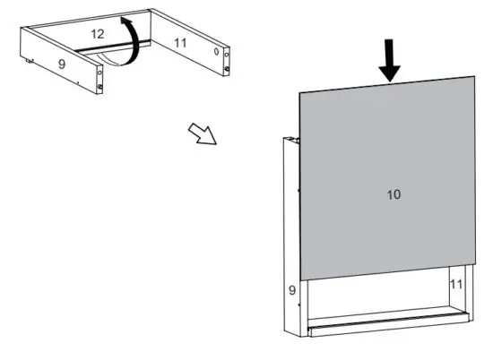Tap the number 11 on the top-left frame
[x=180, y=42]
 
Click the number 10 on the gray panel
[x=394, y=194]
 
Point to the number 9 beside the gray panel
[x=291, y=290]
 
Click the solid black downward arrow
[x=389, y=61]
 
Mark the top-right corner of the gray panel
[x=474, y=77]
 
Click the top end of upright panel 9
[x=290, y=139]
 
